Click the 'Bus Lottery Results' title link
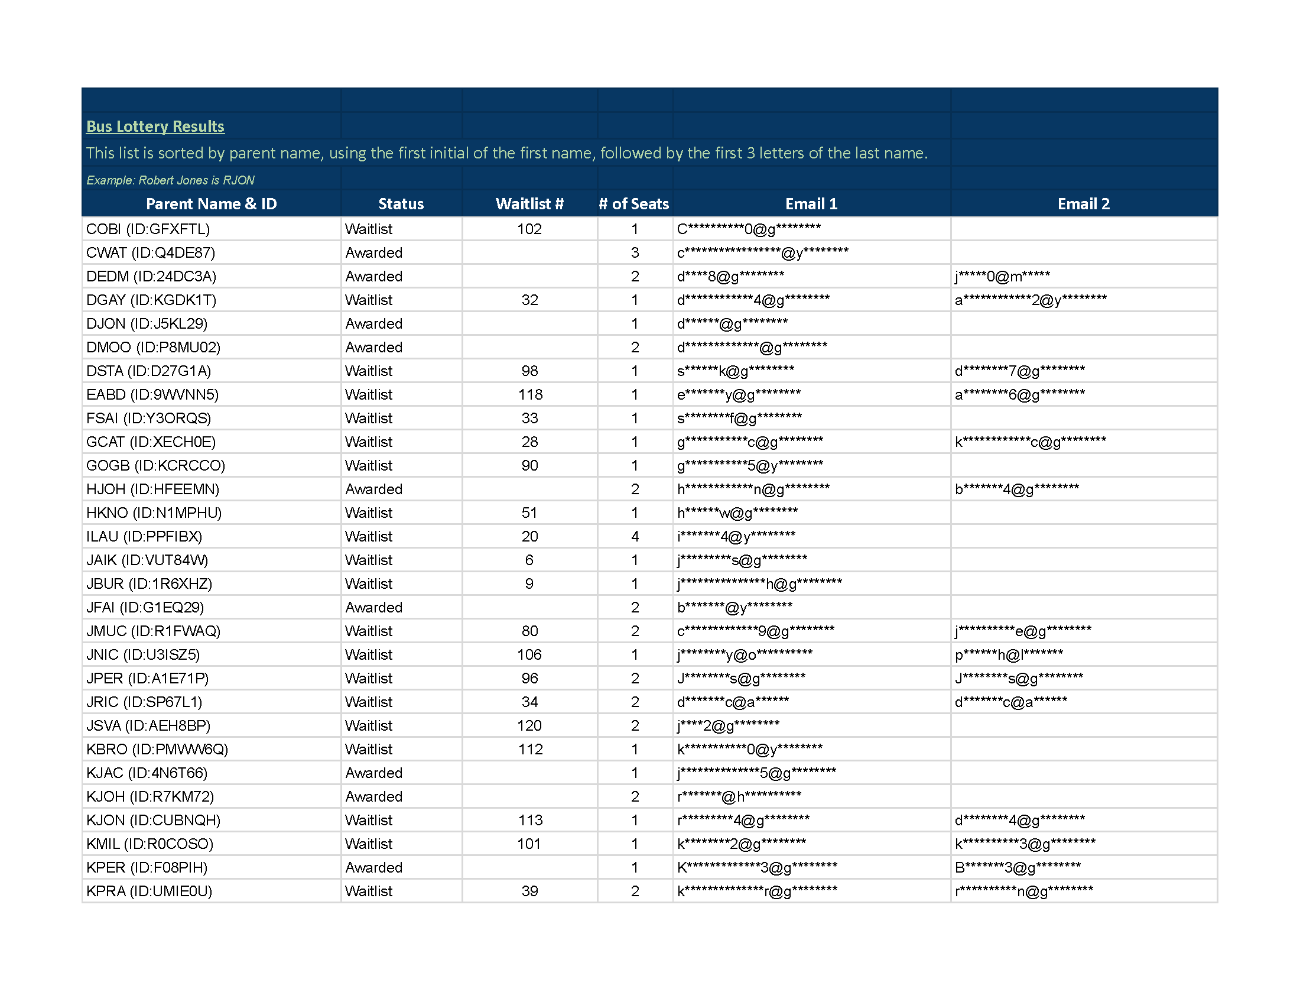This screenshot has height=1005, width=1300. [x=155, y=127]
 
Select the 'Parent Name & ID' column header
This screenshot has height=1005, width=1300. [x=212, y=203]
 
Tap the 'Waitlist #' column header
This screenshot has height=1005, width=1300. [x=529, y=203]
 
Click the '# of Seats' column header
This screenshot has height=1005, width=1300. [x=634, y=203]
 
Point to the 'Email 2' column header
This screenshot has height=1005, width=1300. [x=1083, y=203]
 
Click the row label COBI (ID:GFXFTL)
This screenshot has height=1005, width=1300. [x=148, y=229]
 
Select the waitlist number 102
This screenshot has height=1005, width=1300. [x=529, y=229]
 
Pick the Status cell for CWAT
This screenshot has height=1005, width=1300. [x=374, y=253]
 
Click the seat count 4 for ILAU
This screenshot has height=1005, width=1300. [x=635, y=536]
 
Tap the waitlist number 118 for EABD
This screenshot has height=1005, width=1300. [x=530, y=395]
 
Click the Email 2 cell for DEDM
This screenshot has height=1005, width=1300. [x=1002, y=276]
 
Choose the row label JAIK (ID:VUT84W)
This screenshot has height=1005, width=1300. [x=147, y=560]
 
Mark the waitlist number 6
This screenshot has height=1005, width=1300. [x=529, y=560]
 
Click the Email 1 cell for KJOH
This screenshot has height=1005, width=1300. [x=739, y=797]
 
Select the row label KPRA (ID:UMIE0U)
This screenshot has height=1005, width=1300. [x=149, y=891]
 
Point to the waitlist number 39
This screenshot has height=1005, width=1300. [x=529, y=891]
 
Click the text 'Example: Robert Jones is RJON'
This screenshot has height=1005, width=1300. [x=170, y=180]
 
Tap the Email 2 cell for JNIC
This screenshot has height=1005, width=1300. [x=1009, y=655]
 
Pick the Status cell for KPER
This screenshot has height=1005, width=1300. [x=374, y=867]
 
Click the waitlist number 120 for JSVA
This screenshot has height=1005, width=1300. [x=529, y=726]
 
